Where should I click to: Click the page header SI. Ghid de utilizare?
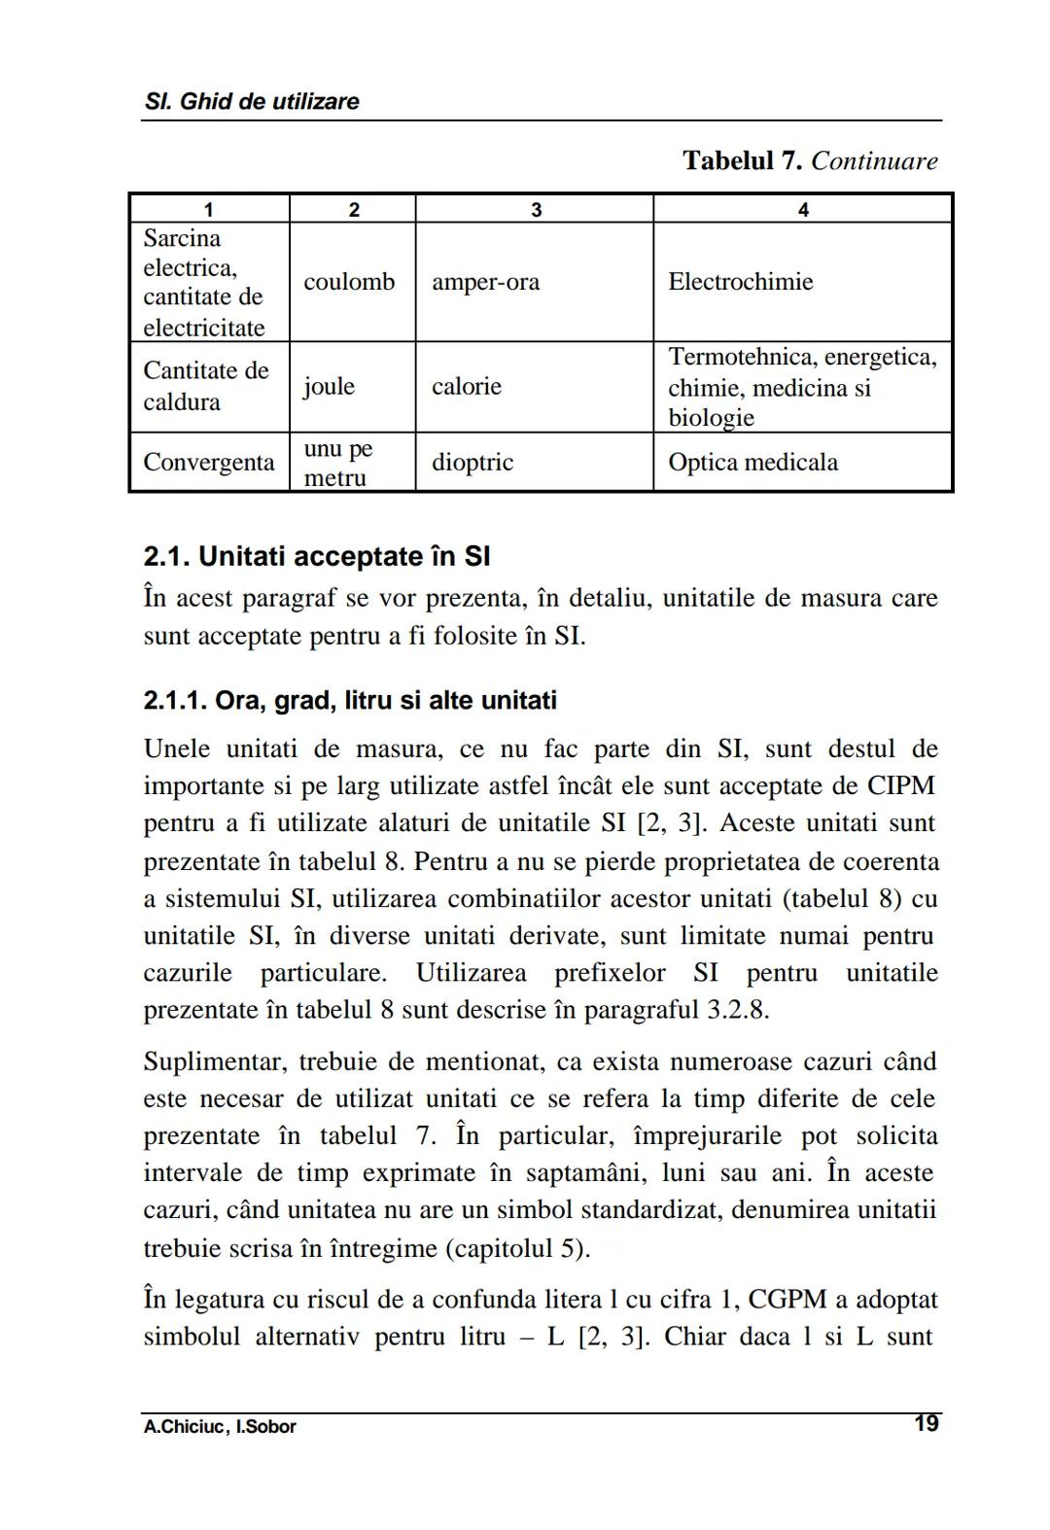251,101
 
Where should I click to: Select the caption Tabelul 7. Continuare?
810,160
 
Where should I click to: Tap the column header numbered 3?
535,209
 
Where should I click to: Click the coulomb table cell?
349,282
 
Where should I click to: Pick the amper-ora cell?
485,282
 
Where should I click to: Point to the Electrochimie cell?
740,282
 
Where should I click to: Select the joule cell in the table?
329,386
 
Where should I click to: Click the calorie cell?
467,386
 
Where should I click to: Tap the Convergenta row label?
208,462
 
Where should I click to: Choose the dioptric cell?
472,462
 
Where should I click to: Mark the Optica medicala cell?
752,462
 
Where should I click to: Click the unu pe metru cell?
337,463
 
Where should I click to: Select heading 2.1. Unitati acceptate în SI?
316,557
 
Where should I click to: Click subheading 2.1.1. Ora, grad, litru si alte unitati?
350,701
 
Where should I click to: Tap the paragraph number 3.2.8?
736,1010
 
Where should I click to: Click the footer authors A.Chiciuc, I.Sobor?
220,1427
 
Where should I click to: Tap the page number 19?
926,1424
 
